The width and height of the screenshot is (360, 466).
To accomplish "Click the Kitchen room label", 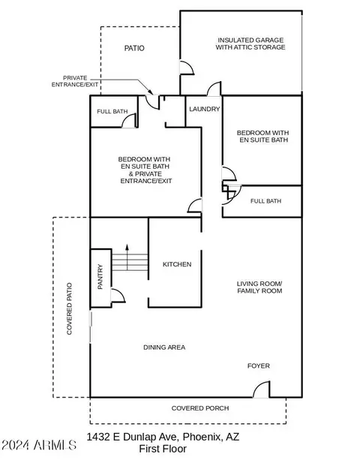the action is click(x=177, y=264).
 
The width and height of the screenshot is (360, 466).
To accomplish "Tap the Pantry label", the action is click(x=100, y=277).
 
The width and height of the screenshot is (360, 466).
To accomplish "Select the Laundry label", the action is click(x=204, y=109).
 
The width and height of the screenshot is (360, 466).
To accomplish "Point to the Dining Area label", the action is click(x=164, y=347).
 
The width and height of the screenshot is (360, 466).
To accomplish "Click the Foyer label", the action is click(x=259, y=366).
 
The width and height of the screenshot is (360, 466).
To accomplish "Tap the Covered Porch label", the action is click(x=200, y=408).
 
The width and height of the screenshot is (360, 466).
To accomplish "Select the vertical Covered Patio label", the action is click(x=69, y=308).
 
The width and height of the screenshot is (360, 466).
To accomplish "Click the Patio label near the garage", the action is click(x=134, y=48).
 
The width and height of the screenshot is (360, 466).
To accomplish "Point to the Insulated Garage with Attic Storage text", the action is click(x=250, y=44).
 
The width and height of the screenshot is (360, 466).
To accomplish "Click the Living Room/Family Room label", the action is click(x=259, y=287).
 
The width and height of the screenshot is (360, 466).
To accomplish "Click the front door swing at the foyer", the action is click(x=262, y=389).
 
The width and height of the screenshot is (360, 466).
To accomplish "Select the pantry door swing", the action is click(x=118, y=295).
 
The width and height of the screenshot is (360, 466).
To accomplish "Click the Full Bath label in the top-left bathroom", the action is click(x=112, y=112).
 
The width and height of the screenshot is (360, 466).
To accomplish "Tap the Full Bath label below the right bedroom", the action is click(x=265, y=201).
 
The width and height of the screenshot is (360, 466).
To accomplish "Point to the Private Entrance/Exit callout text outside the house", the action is click(x=75, y=81).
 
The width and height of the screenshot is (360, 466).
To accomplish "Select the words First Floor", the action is click(x=163, y=449).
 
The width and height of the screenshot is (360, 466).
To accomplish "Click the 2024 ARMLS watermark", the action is click(x=39, y=445).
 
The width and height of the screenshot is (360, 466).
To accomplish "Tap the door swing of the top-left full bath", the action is click(x=130, y=121).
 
